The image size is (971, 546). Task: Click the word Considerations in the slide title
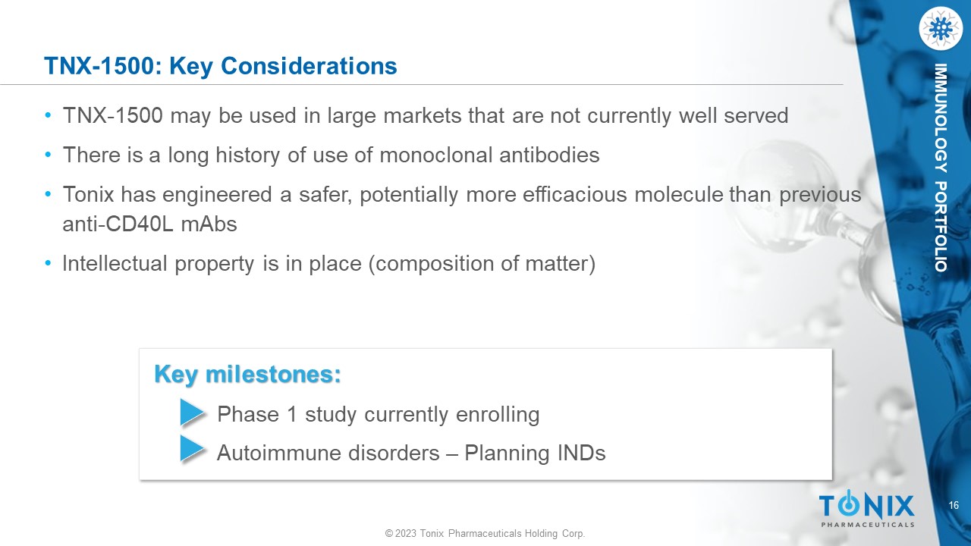click(309, 66)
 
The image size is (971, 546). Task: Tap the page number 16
click(954, 505)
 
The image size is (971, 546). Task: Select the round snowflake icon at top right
click(940, 29)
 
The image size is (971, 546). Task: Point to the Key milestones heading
click(247, 374)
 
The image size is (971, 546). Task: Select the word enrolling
click(498, 414)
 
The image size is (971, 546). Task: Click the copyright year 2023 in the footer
click(406, 533)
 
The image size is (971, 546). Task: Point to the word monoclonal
click(436, 155)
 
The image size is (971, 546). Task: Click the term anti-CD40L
click(118, 224)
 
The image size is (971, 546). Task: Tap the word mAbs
click(209, 224)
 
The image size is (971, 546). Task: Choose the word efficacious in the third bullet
click(575, 195)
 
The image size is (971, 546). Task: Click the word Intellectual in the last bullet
click(115, 263)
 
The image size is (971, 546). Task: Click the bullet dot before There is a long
click(48, 154)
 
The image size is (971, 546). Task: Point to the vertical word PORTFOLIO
click(941, 227)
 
